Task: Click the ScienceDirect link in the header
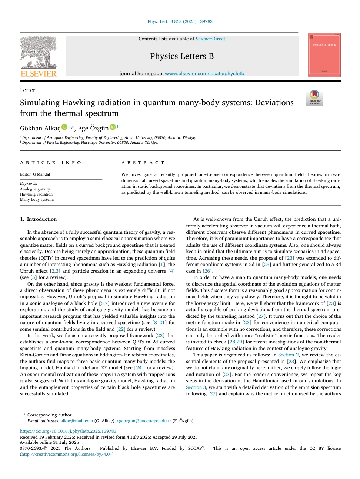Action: click(210, 39)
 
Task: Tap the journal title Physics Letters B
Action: click(181, 56)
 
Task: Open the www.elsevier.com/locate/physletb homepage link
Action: click(204, 74)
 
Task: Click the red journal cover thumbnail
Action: click(324, 55)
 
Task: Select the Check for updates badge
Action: click(314, 98)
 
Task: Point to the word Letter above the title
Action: click(28, 90)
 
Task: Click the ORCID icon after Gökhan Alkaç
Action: click(64, 127)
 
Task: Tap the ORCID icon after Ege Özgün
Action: click(113, 127)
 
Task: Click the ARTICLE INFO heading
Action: click(51, 163)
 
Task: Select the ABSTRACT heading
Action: click(143, 163)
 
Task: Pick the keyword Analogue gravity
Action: click(35, 189)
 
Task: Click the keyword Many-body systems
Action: click(37, 199)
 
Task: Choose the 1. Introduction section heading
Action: click(39, 219)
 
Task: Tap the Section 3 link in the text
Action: click(196, 387)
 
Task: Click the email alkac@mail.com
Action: click(77, 421)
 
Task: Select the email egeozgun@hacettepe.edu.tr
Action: click(144, 421)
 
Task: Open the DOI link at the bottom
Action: click(68, 431)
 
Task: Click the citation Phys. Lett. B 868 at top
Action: click(180, 21)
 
